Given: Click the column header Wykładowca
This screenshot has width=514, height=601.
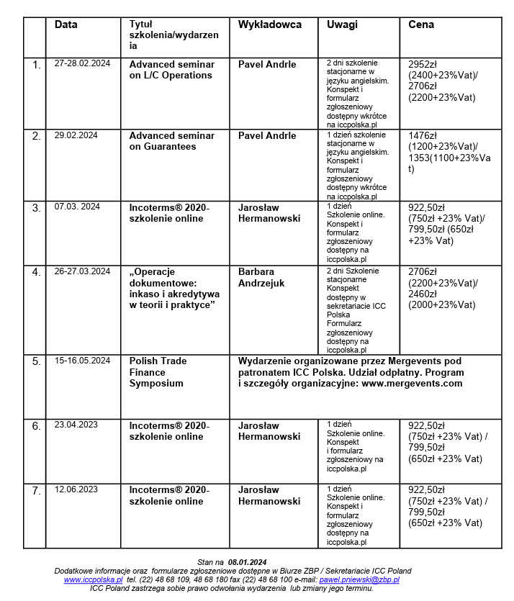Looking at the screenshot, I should pos(269,24).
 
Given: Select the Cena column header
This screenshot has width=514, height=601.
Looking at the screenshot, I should pos(420,24).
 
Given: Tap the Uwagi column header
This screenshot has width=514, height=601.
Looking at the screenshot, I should pos(342,24).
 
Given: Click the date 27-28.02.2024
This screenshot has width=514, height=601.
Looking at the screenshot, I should pos(82,64).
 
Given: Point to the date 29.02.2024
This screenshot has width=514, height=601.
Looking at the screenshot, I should pos(76,135).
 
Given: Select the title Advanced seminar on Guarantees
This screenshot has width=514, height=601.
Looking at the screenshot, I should pos(171,141).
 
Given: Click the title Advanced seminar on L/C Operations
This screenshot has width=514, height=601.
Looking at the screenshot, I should pos(171,70).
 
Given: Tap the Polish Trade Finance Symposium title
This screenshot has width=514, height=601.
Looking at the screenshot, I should pos(156,372).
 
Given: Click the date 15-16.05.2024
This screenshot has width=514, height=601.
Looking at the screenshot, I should pos(82,361).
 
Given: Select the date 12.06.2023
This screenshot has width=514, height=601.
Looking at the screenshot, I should pos(76,489).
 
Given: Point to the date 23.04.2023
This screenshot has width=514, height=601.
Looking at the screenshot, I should pos(76,425).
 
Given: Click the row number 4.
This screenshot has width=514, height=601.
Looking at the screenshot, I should pos(36,272).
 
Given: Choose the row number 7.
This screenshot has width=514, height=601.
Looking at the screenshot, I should pos(36,490).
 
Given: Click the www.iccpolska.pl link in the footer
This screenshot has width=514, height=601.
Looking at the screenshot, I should pos(93,579).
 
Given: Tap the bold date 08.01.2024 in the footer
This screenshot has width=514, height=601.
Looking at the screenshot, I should pos(248,562).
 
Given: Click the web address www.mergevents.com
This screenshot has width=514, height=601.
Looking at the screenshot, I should pos(412,384).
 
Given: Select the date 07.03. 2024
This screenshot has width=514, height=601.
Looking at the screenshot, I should pos(78,207).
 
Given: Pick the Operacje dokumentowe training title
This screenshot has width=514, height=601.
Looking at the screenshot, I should pos(174,289).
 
